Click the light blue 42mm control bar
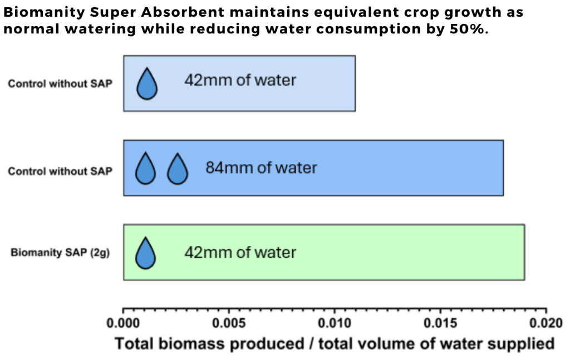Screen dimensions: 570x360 (239, 83)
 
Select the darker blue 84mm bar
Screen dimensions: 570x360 (313, 168)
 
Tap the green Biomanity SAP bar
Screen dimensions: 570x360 (324, 252)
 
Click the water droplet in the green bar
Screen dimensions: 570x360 (145, 253)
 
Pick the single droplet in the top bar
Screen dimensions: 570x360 (147, 83)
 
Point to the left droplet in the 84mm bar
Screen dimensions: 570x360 (145, 168)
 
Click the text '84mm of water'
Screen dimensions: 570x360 (262, 168)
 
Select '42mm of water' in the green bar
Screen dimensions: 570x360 (240, 253)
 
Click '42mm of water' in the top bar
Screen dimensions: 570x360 (240, 80)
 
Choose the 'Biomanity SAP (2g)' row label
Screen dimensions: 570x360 (60, 253)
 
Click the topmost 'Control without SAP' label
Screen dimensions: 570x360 (60, 83)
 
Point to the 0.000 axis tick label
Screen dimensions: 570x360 (123, 323)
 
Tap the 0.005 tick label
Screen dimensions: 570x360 (229, 323)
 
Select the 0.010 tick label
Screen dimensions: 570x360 (335, 323)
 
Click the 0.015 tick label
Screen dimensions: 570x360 (440, 323)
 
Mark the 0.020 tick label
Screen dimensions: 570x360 (546, 323)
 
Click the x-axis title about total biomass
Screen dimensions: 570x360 (335, 344)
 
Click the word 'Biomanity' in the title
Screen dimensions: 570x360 (44, 12)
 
